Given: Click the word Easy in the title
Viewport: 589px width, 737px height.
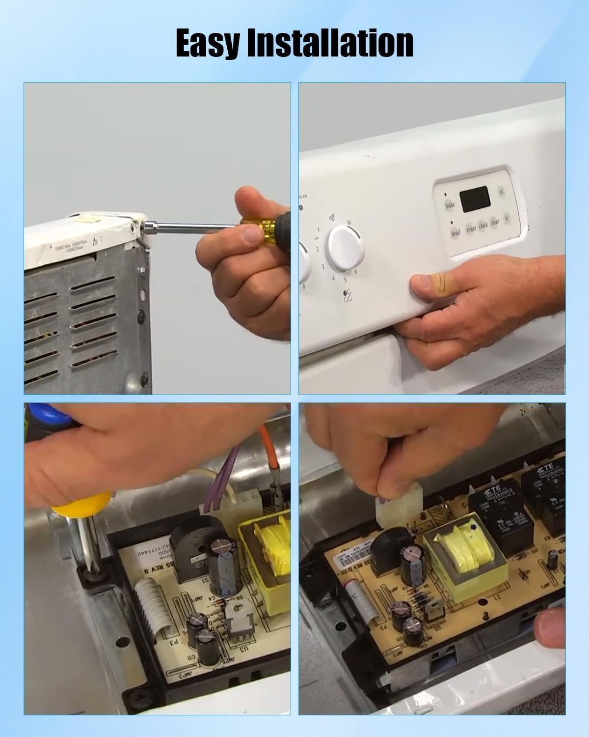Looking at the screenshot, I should tap(208, 43).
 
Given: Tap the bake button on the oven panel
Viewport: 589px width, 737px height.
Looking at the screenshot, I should tap(450, 205).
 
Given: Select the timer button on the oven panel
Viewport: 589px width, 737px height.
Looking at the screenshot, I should tap(471, 228).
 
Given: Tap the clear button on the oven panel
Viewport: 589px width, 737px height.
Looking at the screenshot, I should tap(495, 223).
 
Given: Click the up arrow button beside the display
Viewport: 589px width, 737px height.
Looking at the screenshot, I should tap(502, 192).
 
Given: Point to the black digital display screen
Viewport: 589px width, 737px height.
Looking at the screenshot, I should tap(475, 199).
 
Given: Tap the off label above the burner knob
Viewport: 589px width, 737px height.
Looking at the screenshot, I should tap(332, 218).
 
